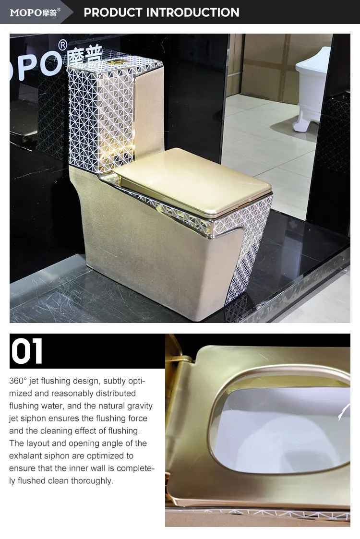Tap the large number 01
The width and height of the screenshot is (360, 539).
(x=27, y=352)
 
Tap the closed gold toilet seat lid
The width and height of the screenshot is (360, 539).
(x=192, y=180)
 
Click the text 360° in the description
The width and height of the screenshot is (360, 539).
(x=18, y=381)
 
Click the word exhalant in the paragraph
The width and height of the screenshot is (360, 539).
(x=26, y=456)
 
